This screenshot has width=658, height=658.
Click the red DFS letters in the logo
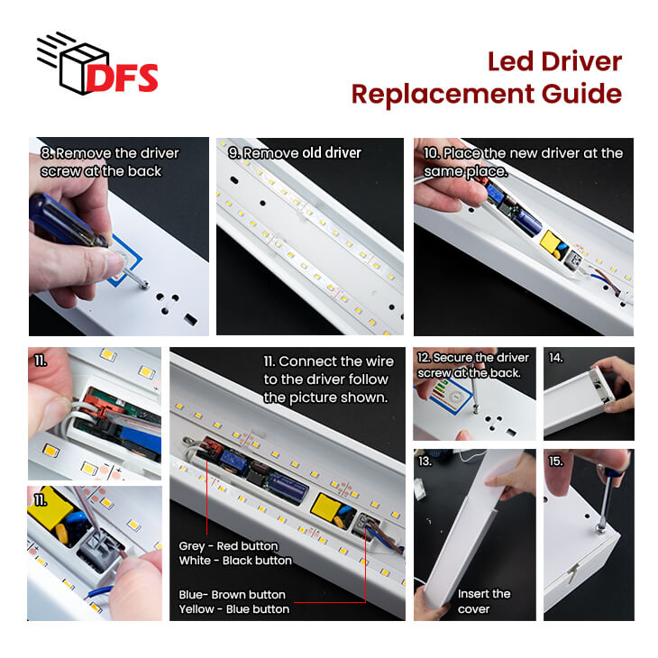pyautogui.click(x=122, y=78)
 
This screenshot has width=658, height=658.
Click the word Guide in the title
pyautogui.click(x=581, y=94)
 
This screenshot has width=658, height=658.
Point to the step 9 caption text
pyautogui.click(x=295, y=152)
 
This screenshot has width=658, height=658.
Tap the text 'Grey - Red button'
pyautogui.click(x=228, y=546)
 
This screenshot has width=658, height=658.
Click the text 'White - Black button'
pyautogui.click(x=235, y=561)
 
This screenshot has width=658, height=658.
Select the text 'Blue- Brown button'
pyautogui.click(x=232, y=595)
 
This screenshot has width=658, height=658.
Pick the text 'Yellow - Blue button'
pyautogui.click(x=233, y=609)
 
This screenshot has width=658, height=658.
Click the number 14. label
pyautogui.click(x=556, y=358)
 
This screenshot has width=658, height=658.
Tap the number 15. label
pyautogui.click(x=556, y=462)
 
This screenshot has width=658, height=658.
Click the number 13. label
pyautogui.click(x=425, y=462)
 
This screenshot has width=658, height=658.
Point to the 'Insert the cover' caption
pyautogui.click(x=484, y=601)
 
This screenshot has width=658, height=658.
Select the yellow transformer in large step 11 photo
pyautogui.click(x=325, y=507)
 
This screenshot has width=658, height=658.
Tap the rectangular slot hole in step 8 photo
pyautogui.click(x=190, y=319)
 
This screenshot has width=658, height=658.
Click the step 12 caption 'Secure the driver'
pyautogui.click(x=473, y=358)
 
